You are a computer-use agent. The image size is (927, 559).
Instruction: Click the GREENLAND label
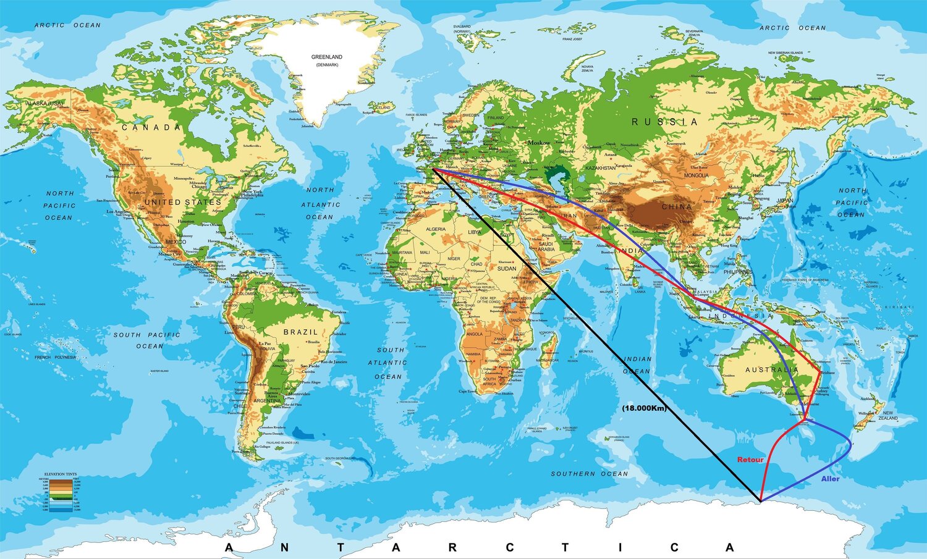(326, 57)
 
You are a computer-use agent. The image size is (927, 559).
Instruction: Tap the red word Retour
(750, 460)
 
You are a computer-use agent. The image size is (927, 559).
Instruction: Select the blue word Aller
(830, 479)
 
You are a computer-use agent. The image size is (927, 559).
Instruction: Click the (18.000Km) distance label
(645, 408)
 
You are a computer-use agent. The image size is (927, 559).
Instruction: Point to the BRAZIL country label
(300, 332)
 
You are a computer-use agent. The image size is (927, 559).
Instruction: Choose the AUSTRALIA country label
(771, 370)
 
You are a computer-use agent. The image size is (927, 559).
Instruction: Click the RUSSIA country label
(664, 122)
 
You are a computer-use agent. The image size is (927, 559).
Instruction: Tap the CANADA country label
(151, 127)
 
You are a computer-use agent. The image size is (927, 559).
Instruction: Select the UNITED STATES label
(182, 202)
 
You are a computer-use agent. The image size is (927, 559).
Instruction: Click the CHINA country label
(677, 207)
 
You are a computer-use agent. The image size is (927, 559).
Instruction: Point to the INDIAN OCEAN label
(637, 365)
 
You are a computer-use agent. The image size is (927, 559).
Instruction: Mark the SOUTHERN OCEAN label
(589, 474)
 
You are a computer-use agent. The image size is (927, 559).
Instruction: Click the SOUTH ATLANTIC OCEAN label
(390, 363)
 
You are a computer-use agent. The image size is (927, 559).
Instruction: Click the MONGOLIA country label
(696, 175)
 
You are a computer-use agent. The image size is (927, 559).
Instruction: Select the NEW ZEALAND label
(887, 416)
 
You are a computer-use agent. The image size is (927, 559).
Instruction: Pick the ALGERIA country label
(436, 229)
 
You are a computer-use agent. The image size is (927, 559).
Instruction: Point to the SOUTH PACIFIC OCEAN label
(147, 340)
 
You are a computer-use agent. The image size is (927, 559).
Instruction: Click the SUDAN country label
(507, 269)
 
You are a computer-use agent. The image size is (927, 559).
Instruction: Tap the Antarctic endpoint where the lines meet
(760, 501)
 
